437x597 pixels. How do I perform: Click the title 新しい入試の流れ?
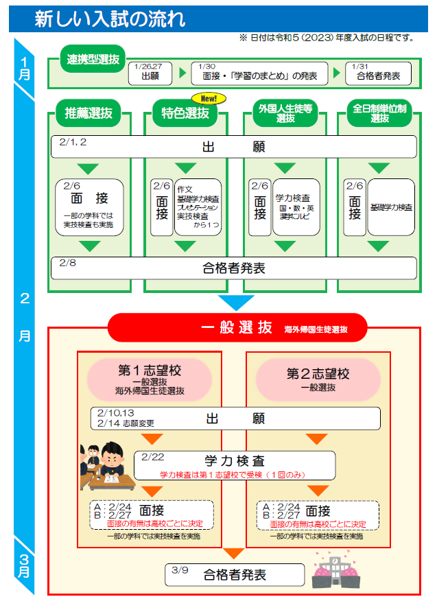pos(110,19)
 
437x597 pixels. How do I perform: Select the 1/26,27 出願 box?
pos(150,73)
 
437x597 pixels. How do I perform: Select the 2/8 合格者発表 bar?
pos(234,268)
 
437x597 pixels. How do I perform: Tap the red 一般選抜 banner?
pos(237,328)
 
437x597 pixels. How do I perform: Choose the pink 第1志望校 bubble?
pos(150,379)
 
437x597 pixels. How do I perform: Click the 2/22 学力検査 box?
pos(234,465)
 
